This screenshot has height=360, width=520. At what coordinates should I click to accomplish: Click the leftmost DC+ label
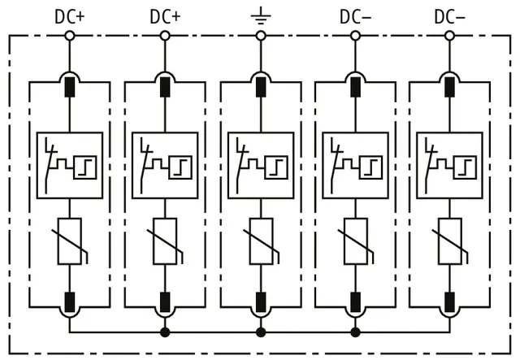tap(70, 16)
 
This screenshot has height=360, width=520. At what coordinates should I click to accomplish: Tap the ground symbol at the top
tap(261, 15)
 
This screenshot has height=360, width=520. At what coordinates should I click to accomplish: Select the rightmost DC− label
tap(449, 16)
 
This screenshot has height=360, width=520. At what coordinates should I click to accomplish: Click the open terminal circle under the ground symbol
tap(261, 36)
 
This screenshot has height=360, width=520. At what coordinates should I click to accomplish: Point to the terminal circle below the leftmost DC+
tap(70, 36)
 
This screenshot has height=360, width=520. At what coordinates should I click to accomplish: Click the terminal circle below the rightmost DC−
tap(449, 36)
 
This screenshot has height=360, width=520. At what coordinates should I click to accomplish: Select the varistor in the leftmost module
tap(70, 241)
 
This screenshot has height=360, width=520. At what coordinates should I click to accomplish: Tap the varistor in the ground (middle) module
tap(261, 241)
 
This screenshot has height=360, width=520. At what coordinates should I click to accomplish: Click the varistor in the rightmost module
tap(449, 241)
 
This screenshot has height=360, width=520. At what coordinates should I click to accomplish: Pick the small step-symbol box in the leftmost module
tap(85, 167)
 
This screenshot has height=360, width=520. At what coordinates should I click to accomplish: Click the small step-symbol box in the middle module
tap(276, 167)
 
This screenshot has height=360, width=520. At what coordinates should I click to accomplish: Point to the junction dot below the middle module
tap(261, 332)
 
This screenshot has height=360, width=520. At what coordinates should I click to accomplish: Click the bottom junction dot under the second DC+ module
tap(165, 332)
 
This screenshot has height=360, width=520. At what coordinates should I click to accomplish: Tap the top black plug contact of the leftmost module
tap(70, 87)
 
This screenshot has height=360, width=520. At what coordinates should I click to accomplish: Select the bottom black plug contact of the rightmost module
tap(449, 302)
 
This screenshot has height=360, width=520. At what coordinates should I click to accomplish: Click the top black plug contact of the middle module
tap(261, 87)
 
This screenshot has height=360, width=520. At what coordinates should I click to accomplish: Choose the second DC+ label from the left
tap(165, 16)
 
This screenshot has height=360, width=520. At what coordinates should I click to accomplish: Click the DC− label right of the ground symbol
tap(355, 16)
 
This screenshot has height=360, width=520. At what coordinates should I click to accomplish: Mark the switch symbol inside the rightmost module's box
tap(430, 165)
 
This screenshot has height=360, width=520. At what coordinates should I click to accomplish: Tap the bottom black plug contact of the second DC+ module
tap(165, 302)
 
